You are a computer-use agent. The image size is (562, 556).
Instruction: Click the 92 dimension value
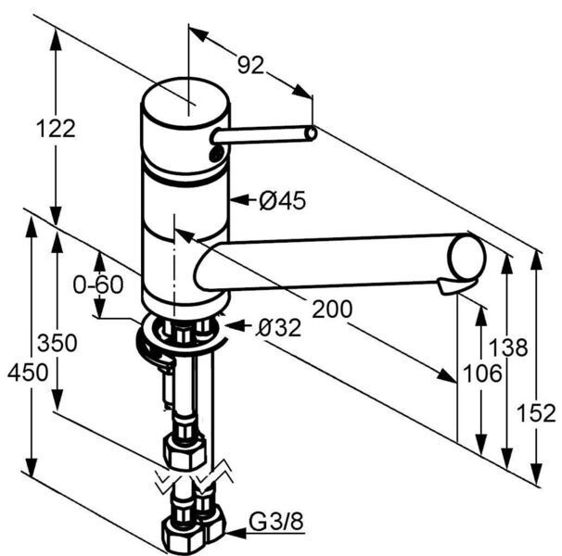[x=251, y=65]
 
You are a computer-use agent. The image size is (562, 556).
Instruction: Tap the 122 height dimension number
[x=56, y=128]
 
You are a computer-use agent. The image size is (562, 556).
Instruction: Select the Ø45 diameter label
[x=283, y=200]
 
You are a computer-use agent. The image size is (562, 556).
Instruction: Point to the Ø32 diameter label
[x=278, y=327]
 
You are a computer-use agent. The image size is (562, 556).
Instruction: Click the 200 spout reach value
[x=332, y=309]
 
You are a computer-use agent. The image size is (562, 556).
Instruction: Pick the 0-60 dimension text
[x=98, y=284]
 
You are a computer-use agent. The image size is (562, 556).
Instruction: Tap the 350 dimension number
[x=57, y=343]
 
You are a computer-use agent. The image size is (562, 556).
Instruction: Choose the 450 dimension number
[x=28, y=372]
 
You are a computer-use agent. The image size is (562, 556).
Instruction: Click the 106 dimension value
[x=482, y=373]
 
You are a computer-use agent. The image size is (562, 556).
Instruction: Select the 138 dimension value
[x=508, y=347]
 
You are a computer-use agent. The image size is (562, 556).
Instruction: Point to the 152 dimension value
[x=536, y=412]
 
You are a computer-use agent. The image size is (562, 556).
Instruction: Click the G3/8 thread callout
[x=276, y=522]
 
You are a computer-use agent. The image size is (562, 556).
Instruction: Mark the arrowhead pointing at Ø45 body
[x=239, y=199]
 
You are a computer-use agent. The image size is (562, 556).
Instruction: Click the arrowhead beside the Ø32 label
[x=236, y=326]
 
